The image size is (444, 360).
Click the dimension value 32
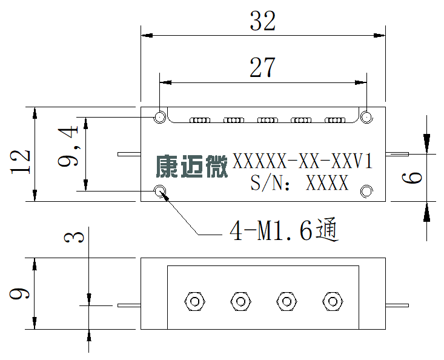tap(262, 21)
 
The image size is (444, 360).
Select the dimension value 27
tap(262, 67)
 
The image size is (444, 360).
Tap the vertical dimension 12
tap(20, 161)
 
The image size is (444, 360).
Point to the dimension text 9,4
tap(68, 147)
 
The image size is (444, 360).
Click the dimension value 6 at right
tap(412, 178)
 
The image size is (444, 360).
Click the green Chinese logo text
tap(191, 166)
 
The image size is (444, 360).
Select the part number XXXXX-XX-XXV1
tap(302, 161)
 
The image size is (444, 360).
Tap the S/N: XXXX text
tap(299, 182)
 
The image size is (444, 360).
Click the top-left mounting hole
tap(160, 117)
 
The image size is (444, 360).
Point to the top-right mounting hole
tap(366, 117)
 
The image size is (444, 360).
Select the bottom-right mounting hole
tap(366, 191)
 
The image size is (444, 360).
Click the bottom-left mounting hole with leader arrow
tap(160, 191)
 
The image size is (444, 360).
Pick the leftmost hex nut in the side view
tap(194, 301)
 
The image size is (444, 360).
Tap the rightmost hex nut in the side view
tap(333, 301)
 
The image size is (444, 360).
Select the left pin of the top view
tap(130, 154)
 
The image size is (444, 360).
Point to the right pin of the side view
tap(397, 305)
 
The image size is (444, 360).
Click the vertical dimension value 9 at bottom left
tap(19, 294)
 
